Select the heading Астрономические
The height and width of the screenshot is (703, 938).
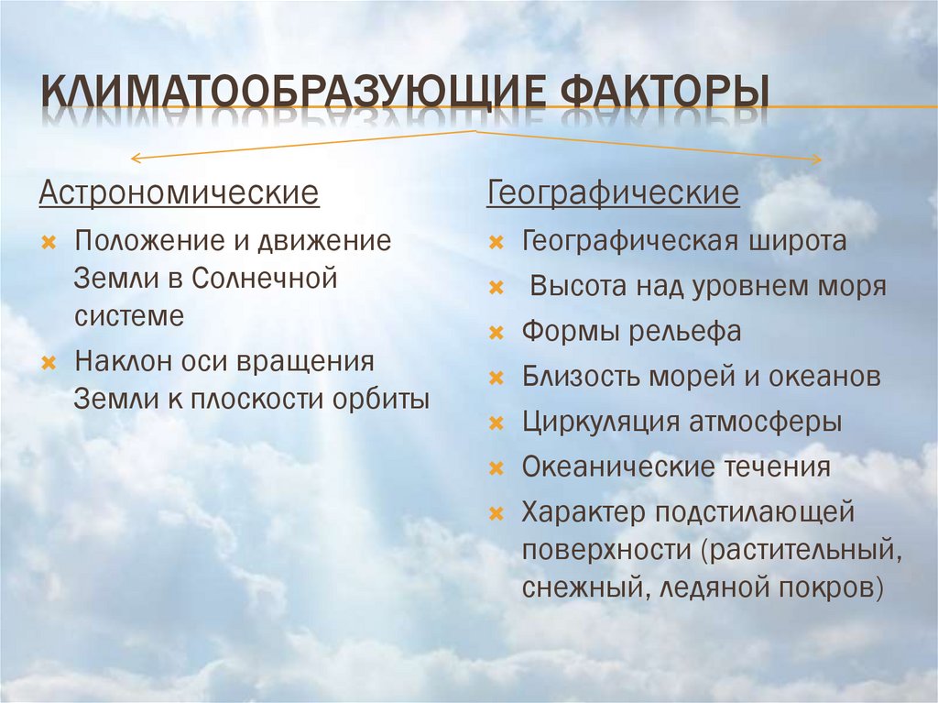pos(179,194)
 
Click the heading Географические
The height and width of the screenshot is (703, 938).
pos(614,194)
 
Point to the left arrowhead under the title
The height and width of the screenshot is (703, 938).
pos(136,159)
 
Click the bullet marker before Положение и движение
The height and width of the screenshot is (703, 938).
pos(49,243)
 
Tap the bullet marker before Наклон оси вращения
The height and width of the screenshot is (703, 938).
pos(49,362)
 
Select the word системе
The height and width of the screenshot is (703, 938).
pos(129,315)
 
